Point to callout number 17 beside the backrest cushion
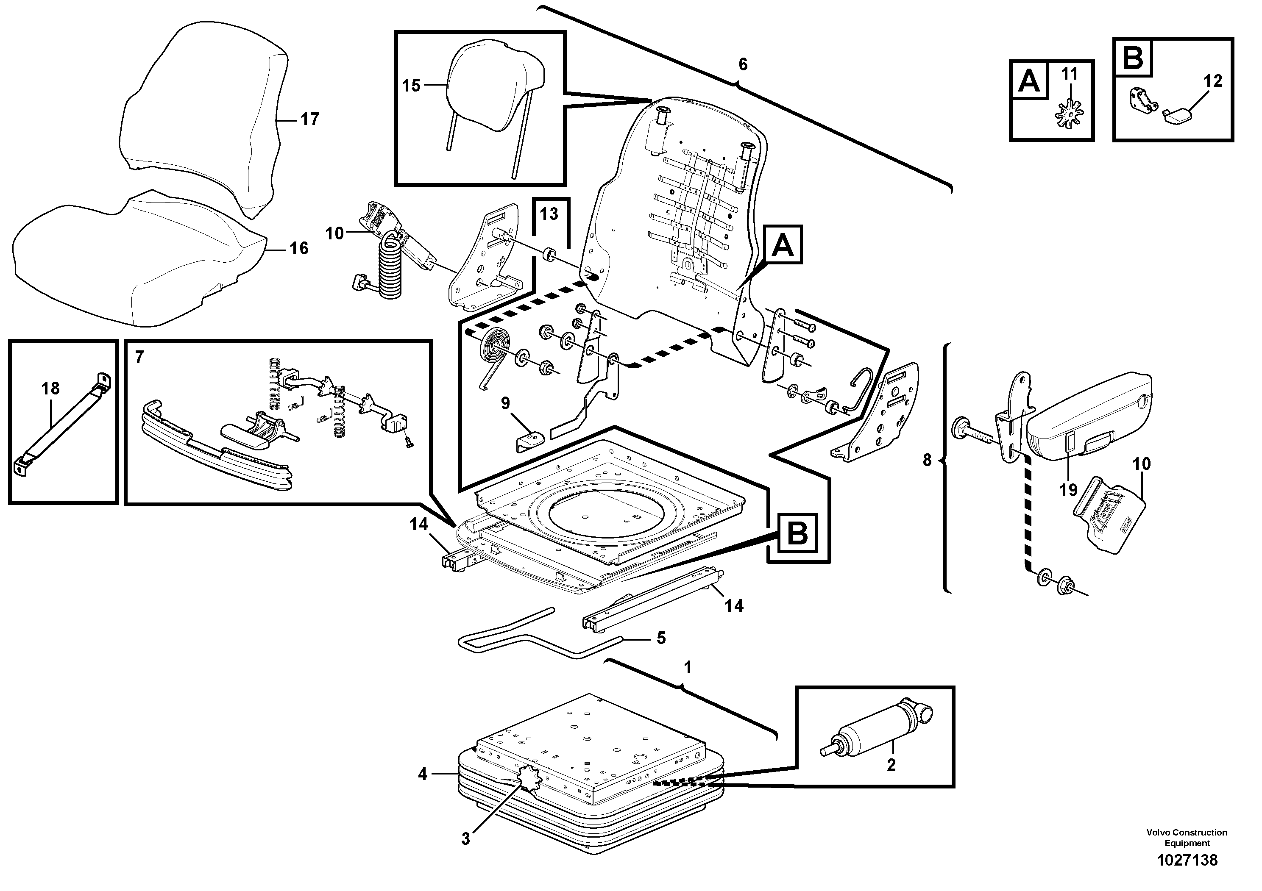point(310,119)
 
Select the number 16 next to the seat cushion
point(299,249)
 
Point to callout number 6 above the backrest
point(743,65)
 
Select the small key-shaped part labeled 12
point(1179,116)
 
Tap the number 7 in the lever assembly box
point(139,358)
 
